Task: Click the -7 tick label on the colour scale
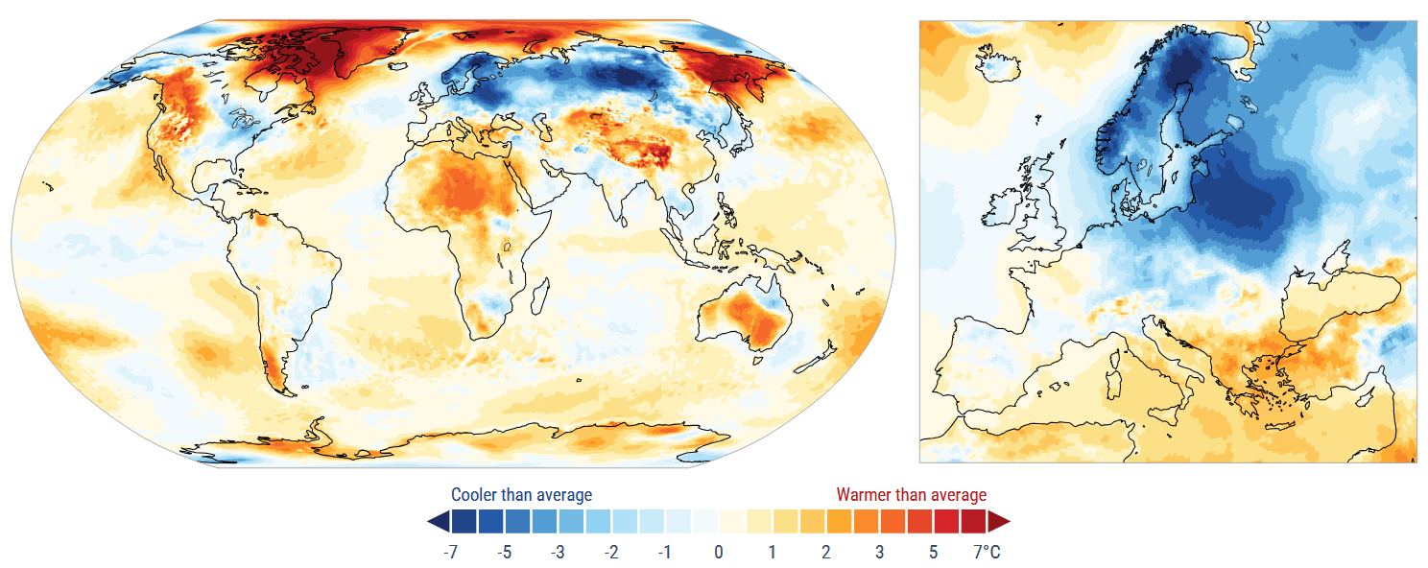pyautogui.click(x=450, y=552)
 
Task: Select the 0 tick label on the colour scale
pyautogui.click(x=719, y=552)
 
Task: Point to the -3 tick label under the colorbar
pyautogui.click(x=557, y=552)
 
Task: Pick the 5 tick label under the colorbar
pyautogui.click(x=933, y=552)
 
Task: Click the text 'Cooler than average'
pyautogui.click(x=521, y=495)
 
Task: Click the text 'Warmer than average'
pyautogui.click(x=911, y=495)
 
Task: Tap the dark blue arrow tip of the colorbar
pyautogui.click(x=438, y=521)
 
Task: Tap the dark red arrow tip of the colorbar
pyautogui.click(x=999, y=521)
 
